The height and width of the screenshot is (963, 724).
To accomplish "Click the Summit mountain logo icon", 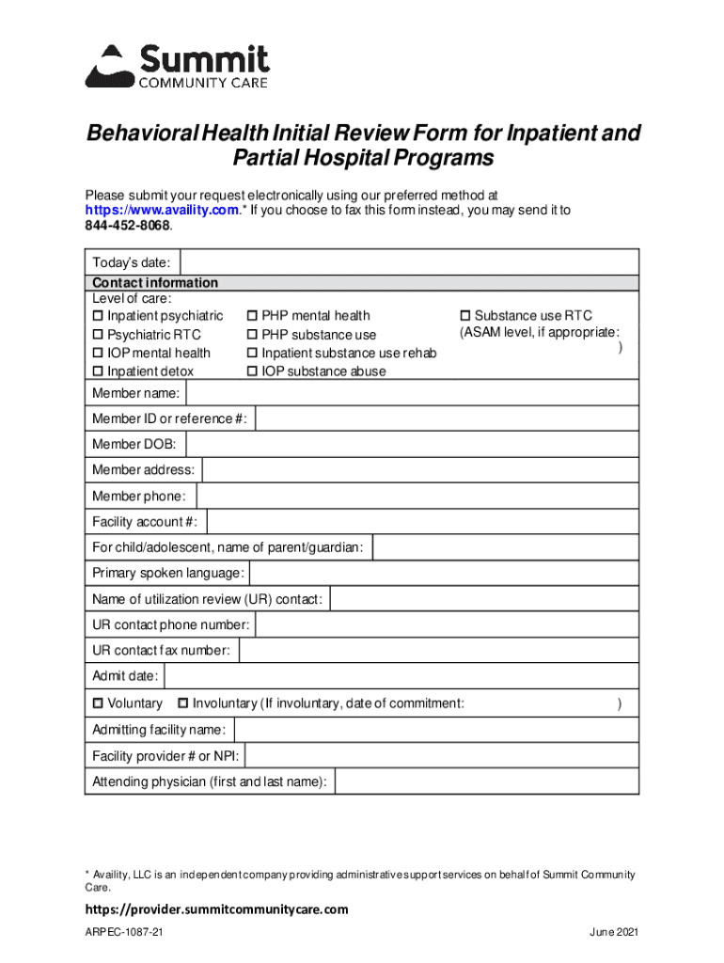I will point(111,66).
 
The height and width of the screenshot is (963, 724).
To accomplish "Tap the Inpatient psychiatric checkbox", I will point(97,316).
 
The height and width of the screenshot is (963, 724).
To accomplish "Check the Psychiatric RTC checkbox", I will point(97,335).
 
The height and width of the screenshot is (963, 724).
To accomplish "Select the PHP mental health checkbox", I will point(252,316).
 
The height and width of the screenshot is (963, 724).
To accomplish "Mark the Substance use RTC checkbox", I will point(464,316).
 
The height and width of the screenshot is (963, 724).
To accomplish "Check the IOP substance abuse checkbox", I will point(252,371).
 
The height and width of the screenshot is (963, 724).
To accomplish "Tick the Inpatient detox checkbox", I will point(97,371).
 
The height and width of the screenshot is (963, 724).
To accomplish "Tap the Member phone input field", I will point(417,496).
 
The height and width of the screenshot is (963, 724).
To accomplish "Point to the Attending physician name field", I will point(486,781).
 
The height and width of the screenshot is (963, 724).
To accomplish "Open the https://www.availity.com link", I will point(161,211).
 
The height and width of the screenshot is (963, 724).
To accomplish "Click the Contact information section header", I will point(155,283).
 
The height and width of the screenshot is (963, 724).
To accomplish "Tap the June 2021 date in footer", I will point(614,932).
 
